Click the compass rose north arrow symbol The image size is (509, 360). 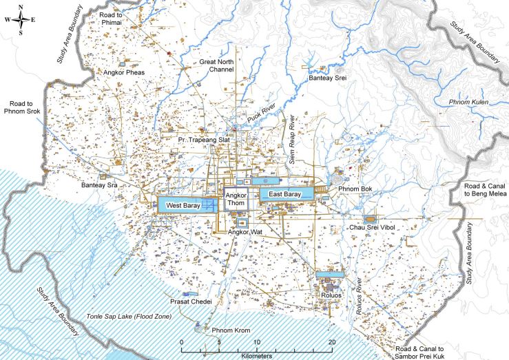coord(21,19)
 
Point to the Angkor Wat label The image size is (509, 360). coord(246,233)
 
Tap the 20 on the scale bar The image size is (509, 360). coord(333,342)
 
